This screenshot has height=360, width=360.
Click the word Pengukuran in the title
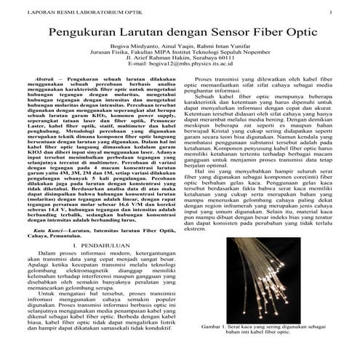(x=88, y=33)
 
